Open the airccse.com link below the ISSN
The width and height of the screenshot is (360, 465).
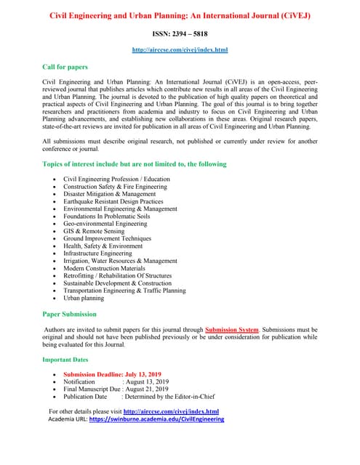[180, 49]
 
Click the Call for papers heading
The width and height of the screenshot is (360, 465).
[65, 67]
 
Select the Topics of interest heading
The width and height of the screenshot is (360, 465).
[134, 164]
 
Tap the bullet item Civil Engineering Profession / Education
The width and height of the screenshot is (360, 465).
[116, 179]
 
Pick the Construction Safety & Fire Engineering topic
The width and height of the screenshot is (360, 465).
[115, 187]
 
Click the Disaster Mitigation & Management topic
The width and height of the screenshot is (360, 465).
[109, 194]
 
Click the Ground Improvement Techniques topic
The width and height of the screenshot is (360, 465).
[107, 238]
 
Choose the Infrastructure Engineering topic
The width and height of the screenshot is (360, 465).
[97, 254]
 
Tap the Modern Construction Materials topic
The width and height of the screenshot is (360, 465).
[105, 268]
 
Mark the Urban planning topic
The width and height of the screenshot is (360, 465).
[84, 298]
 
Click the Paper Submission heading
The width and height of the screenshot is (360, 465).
[69, 315]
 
